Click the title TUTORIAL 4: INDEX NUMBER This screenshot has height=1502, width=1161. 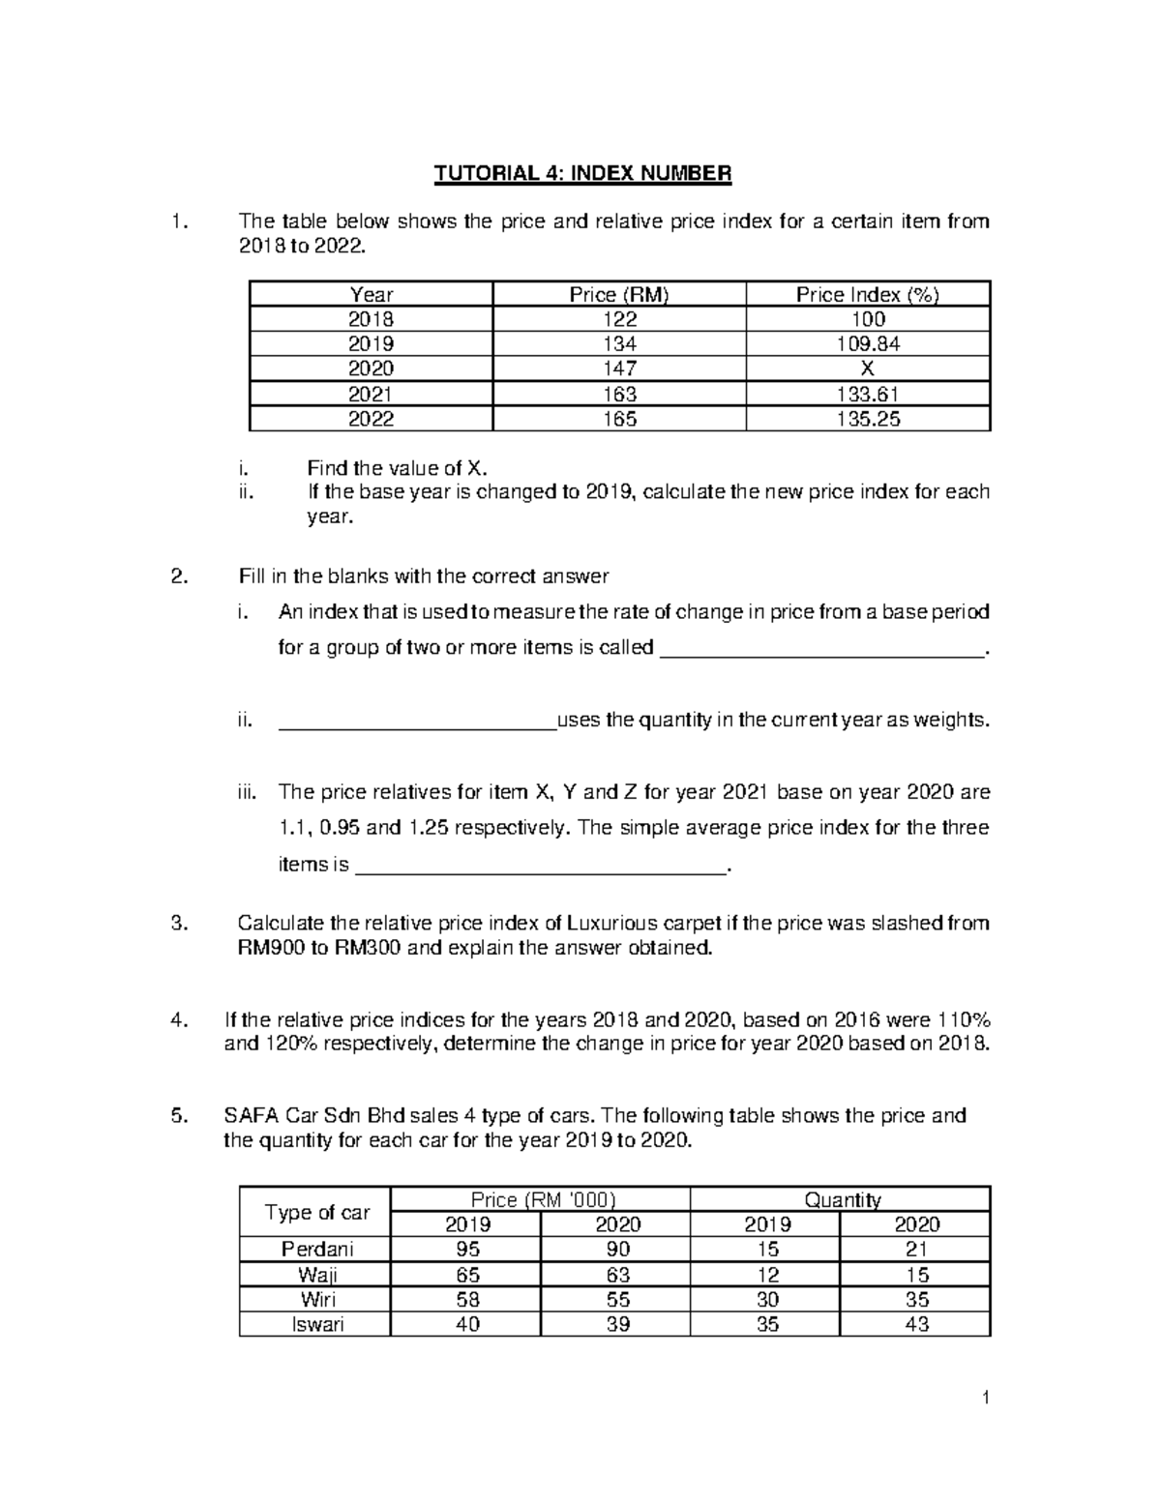(582, 174)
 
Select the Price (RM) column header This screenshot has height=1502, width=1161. (618, 295)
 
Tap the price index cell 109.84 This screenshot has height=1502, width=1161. (867, 344)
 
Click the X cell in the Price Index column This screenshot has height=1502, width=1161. (867, 368)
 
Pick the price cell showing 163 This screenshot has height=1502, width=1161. (618, 394)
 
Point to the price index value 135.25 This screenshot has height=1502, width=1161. (867, 419)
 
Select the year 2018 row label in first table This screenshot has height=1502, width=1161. (371, 320)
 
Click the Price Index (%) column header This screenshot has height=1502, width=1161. (867, 295)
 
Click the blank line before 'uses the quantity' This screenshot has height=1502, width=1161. (416, 722)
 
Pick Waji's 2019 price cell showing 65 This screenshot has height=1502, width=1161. (467, 1275)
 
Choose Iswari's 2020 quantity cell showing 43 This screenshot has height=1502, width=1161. (915, 1324)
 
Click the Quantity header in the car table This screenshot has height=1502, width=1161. (841, 1199)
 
